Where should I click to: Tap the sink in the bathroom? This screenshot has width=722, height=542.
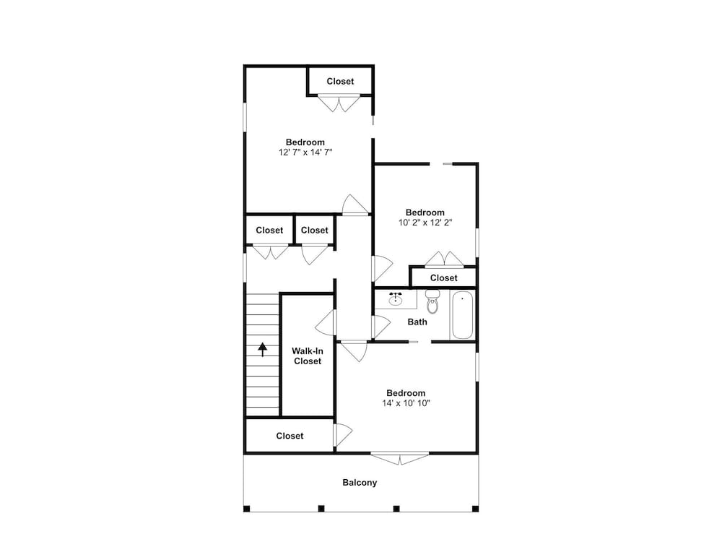click(395, 299)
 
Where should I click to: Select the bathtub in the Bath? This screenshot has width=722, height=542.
click(462, 315)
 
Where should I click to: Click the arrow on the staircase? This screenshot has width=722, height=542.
click(263, 349)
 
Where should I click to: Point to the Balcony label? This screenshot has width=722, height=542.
click(360, 483)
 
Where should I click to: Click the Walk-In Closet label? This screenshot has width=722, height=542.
click(308, 356)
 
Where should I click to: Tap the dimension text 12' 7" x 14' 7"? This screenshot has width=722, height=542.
click(305, 152)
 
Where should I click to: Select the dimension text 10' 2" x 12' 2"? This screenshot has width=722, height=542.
click(425, 223)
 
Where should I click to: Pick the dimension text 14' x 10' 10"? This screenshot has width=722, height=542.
click(406, 403)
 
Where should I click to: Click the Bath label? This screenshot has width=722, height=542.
click(417, 322)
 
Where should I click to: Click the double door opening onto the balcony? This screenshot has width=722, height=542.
click(400, 458)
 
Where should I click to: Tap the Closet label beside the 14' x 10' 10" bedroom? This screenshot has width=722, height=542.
click(290, 436)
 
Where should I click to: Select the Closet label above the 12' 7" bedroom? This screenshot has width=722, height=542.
click(340, 81)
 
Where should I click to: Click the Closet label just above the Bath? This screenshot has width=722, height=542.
click(443, 278)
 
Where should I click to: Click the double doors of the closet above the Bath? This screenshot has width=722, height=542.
click(444, 259)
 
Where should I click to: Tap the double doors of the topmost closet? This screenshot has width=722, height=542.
click(339, 103)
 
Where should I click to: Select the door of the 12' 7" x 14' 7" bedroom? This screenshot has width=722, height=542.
click(355, 205)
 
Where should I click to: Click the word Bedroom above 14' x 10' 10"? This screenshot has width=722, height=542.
click(406, 393)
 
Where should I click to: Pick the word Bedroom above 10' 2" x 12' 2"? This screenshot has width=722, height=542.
click(425, 212)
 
